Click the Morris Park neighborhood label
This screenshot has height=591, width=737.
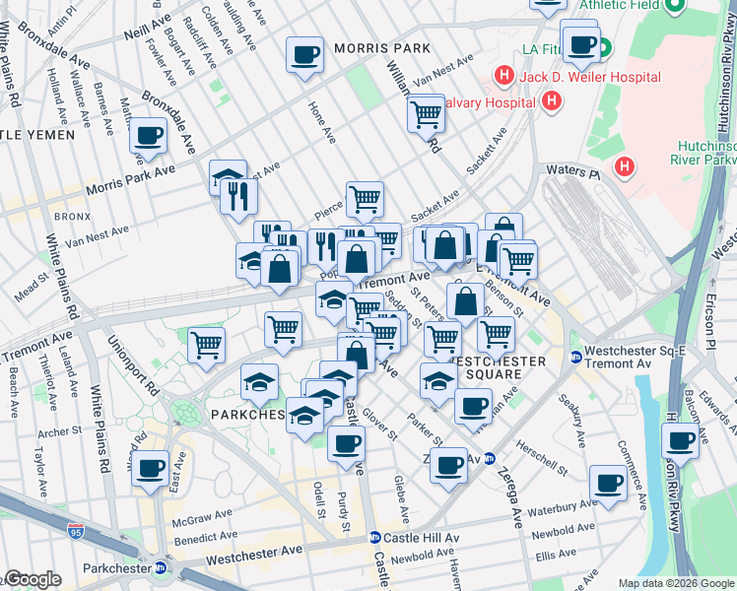382,47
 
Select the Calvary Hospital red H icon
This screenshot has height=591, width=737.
551,100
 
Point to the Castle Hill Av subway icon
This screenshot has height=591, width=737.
375,538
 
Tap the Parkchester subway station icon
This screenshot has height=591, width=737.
160,567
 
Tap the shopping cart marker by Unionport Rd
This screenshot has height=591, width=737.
207,345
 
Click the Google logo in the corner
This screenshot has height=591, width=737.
33,580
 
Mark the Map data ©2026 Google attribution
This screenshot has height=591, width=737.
675,583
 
